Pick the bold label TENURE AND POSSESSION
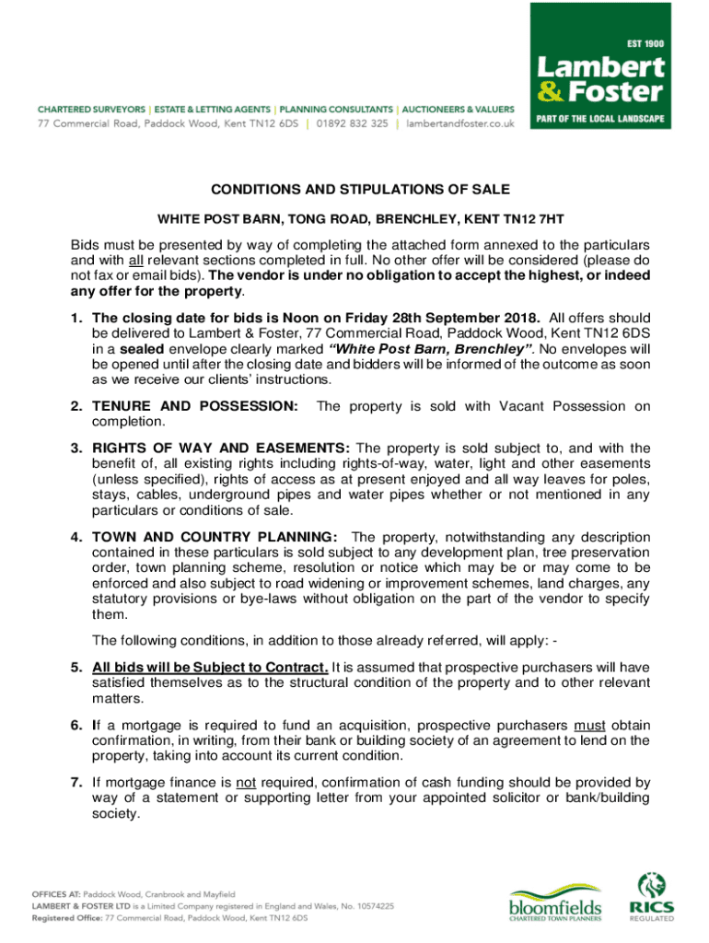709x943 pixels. (195, 406)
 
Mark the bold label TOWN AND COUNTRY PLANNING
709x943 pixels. (216, 537)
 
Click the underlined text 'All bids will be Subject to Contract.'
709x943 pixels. (210, 668)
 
